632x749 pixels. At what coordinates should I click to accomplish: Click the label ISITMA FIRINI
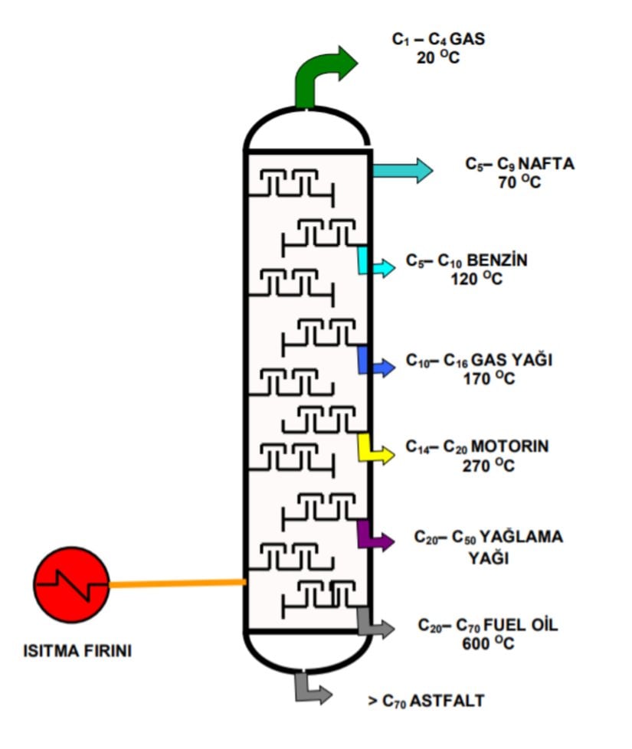pyautogui.click(x=77, y=652)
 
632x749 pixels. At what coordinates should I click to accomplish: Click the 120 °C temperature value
pyautogui.click(x=476, y=279)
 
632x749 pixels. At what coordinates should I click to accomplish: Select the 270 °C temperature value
pyautogui.click(x=488, y=465)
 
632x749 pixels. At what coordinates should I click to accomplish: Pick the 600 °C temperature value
pyautogui.click(x=488, y=644)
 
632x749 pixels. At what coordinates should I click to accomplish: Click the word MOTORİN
pyautogui.click(x=510, y=446)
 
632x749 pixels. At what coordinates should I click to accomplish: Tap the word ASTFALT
pyautogui.click(x=447, y=700)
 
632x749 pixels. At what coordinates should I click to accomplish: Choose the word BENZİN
pyautogui.click(x=497, y=260)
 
